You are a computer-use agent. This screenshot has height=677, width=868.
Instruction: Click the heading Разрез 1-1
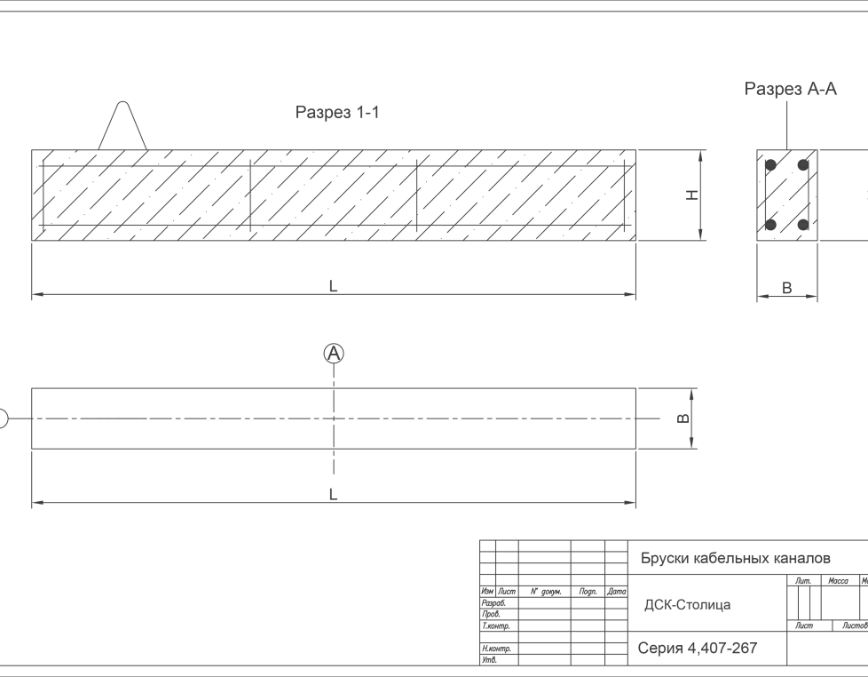pyautogui.click(x=337, y=113)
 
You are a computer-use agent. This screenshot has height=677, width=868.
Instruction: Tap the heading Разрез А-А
pyautogui.click(x=790, y=89)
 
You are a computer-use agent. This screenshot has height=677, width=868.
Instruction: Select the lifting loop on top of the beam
pyautogui.click(x=122, y=127)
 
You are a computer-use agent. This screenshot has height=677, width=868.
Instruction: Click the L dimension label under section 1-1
pyautogui.click(x=334, y=286)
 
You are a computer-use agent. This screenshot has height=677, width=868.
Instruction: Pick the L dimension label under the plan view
pyautogui.click(x=334, y=494)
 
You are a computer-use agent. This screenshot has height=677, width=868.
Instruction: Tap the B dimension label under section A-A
pyautogui.click(x=786, y=288)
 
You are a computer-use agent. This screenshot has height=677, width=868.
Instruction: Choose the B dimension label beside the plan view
pyautogui.click(x=683, y=418)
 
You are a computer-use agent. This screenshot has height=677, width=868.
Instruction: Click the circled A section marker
pyautogui.click(x=334, y=354)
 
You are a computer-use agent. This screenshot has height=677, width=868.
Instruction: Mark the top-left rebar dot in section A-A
pyautogui.click(x=771, y=165)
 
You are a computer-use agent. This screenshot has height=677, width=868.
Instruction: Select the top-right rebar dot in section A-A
pyautogui.click(x=803, y=165)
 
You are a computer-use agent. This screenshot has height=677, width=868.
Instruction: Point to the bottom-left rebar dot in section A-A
pyautogui.click(x=771, y=225)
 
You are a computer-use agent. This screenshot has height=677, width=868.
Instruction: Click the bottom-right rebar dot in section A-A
pyautogui.click(x=803, y=225)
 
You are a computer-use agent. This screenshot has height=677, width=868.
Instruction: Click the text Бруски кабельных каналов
pyautogui.click(x=736, y=558)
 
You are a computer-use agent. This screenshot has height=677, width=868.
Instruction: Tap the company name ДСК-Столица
pyautogui.click(x=687, y=605)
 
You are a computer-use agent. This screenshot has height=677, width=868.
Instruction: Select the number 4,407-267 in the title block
pyautogui.click(x=722, y=648)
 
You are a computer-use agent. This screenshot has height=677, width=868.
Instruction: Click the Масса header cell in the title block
pyautogui.click(x=838, y=581)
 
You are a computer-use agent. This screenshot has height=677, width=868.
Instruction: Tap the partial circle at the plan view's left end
pyautogui.click(x=3, y=418)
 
